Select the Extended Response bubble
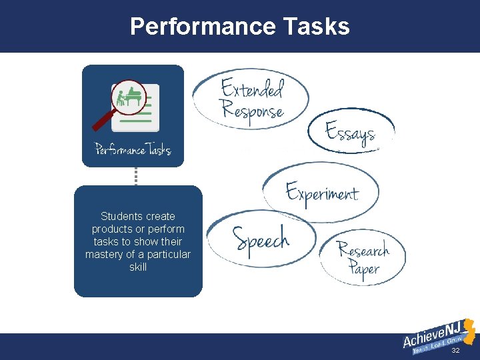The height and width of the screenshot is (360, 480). [252, 99]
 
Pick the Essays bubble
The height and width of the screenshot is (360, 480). [351, 132]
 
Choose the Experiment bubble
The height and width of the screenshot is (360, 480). [322, 193]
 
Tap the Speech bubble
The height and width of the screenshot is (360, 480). [261, 238]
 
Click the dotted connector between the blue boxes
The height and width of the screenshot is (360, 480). [136, 176]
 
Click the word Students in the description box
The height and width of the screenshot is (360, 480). [119, 217]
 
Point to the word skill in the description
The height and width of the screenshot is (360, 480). [138, 267]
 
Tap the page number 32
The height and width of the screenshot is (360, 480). [455, 350]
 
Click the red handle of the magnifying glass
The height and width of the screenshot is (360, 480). [103, 121]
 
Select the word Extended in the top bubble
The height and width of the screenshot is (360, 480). [252, 88]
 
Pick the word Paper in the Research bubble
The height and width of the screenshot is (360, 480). [364, 269]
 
